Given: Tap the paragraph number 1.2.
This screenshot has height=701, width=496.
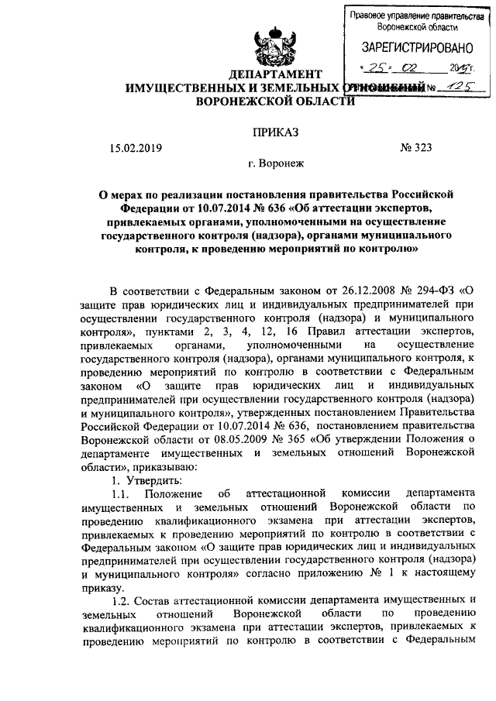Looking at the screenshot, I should pos(124,600).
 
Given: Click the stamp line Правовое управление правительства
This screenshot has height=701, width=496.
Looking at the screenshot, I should pos(410,15).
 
